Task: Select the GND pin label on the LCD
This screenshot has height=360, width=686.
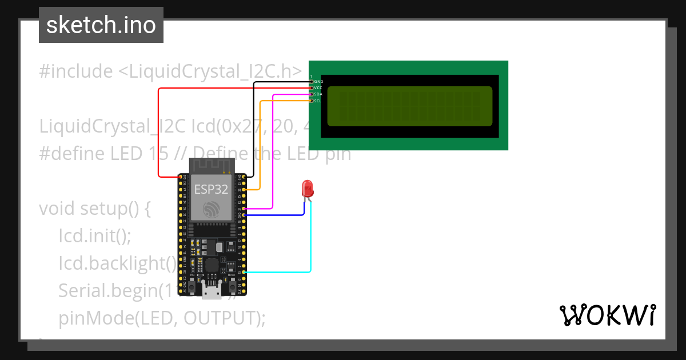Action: click(318, 82)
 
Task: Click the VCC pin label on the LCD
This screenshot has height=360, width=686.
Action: click(318, 88)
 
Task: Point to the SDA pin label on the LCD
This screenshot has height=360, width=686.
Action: click(318, 94)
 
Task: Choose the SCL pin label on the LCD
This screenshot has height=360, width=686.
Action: click(318, 101)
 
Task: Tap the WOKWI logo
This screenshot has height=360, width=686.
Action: click(607, 315)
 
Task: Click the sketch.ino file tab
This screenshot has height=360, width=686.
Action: click(101, 25)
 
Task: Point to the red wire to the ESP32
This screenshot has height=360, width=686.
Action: click(158, 131)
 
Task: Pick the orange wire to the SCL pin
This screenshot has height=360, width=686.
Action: click(261, 143)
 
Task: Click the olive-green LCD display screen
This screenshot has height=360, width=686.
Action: click(409, 106)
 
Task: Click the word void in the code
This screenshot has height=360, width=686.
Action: click(57, 209)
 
